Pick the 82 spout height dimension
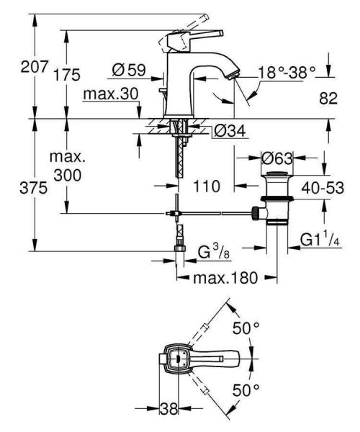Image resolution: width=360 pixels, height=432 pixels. coord(328,99)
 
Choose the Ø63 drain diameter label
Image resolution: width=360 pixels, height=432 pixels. coord(277,156)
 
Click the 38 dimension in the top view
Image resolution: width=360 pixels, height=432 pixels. coord(169,408)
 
